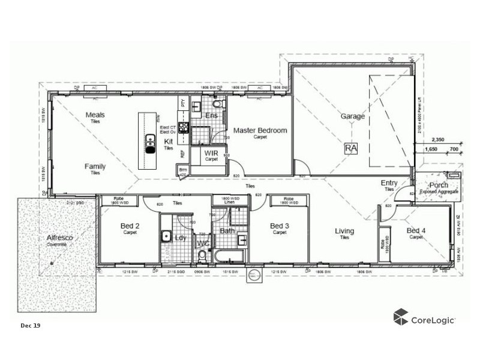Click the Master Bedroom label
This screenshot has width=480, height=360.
260,130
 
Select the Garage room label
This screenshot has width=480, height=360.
353,116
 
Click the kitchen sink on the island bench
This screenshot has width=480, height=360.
149,142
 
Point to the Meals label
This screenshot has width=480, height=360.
95,114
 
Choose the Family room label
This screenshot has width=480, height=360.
95,166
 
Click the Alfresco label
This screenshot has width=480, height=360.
59,238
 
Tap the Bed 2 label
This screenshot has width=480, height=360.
130,226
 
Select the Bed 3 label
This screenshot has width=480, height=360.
280,226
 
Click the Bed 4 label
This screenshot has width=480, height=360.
416,230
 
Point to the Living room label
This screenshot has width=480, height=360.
344,231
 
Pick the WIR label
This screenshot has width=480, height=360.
211,153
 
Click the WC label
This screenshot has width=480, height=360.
203,243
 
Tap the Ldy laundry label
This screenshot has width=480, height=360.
179,238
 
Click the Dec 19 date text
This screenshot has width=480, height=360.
30,325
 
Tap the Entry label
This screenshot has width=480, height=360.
390,182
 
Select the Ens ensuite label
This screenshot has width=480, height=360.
211,115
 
